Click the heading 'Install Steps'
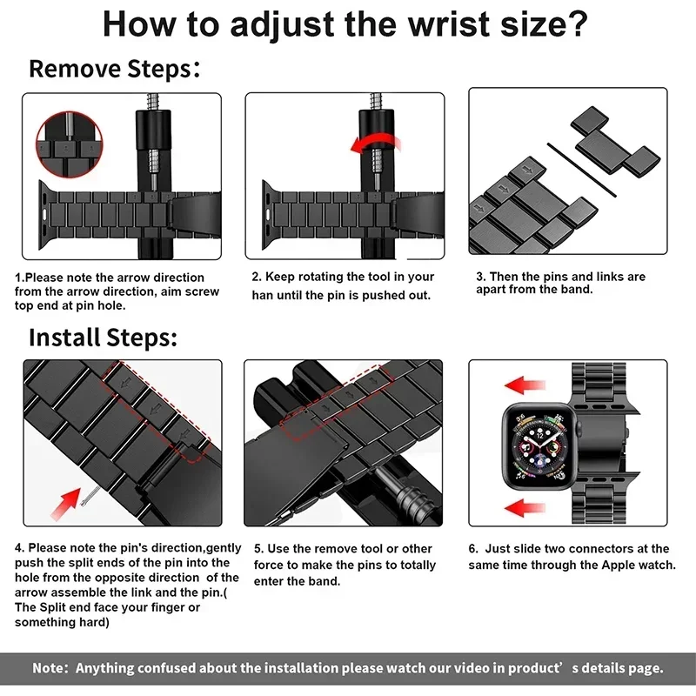coord(103,337)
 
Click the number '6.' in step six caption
coord(474,549)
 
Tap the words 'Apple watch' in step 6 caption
coord(639,565)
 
